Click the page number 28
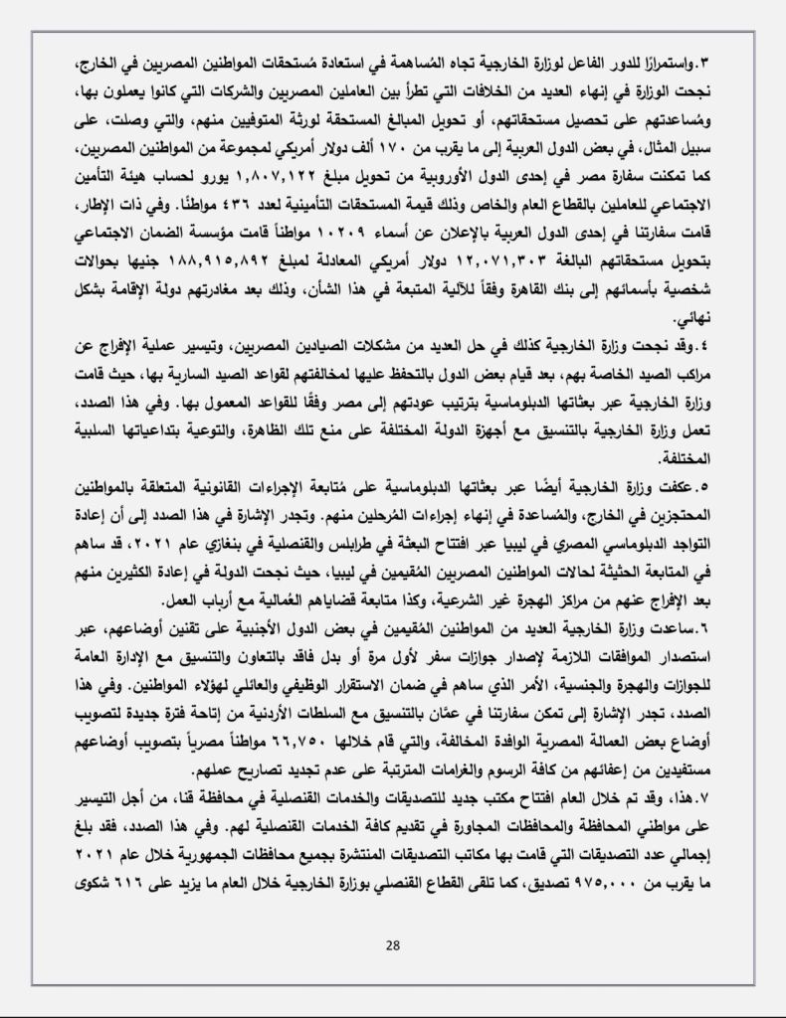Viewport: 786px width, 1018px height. [392, 944]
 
